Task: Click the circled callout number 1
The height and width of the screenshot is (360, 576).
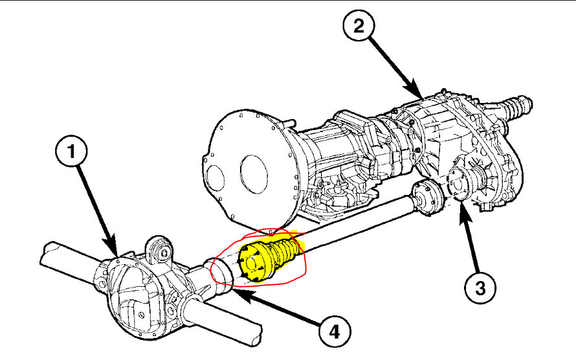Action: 72,153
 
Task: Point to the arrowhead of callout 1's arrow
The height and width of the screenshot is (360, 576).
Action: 115,253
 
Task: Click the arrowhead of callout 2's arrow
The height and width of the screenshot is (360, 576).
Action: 421,96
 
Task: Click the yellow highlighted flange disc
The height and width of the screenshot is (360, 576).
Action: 250,262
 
